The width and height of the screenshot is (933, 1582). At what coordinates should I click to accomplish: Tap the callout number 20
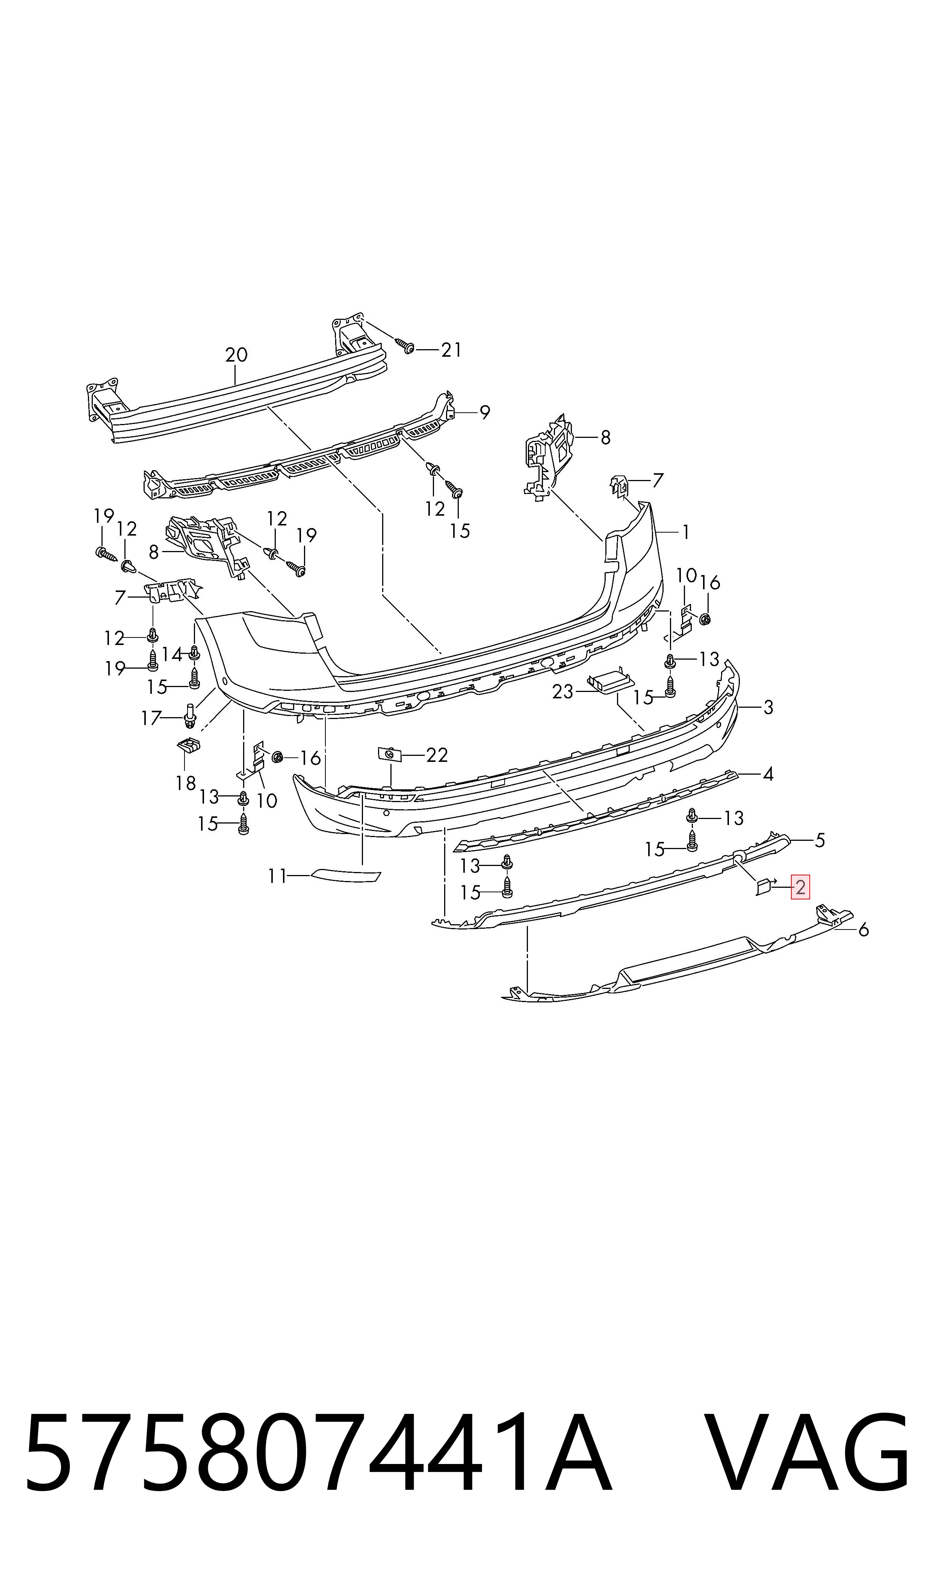pos(236,355)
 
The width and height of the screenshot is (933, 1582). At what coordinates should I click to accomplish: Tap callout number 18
pos(186,783)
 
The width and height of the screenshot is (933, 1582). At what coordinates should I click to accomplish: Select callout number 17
pos(151,718)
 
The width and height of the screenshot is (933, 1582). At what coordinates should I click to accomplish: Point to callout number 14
pos(172,654)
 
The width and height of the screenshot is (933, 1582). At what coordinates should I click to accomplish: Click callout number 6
pos(863,930)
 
